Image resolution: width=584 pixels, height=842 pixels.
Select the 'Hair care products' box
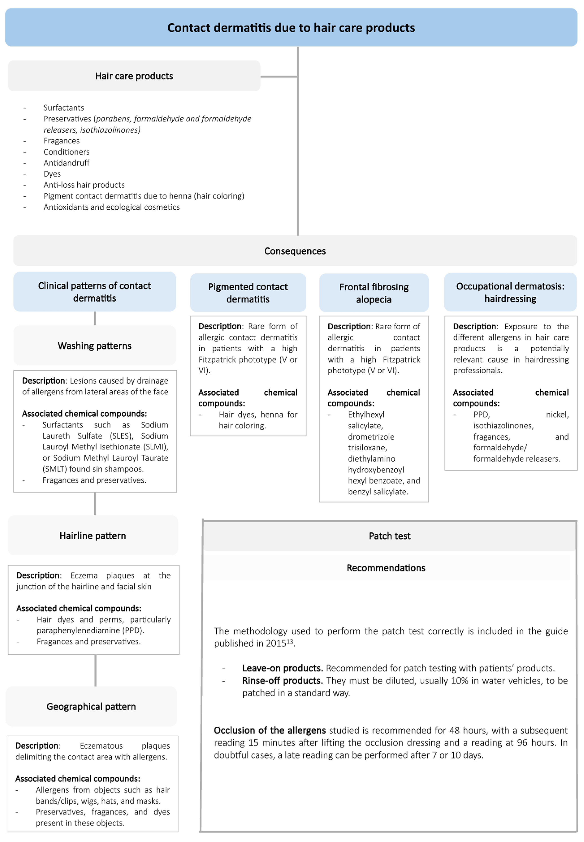(134, 76)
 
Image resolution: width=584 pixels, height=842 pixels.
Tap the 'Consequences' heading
(295, 251)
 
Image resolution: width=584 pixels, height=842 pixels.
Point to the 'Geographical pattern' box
(91, 706)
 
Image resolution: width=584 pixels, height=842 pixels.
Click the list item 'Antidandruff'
(66, 163)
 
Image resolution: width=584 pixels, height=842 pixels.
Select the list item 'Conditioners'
(66, 152)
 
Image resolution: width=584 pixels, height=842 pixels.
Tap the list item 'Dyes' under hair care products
(52, 174)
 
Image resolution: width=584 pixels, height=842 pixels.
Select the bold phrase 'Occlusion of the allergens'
(270, 730)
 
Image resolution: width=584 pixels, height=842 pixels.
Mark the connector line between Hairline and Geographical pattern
(95, 670)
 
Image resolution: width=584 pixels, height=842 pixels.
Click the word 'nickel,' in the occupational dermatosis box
(557, 415)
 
